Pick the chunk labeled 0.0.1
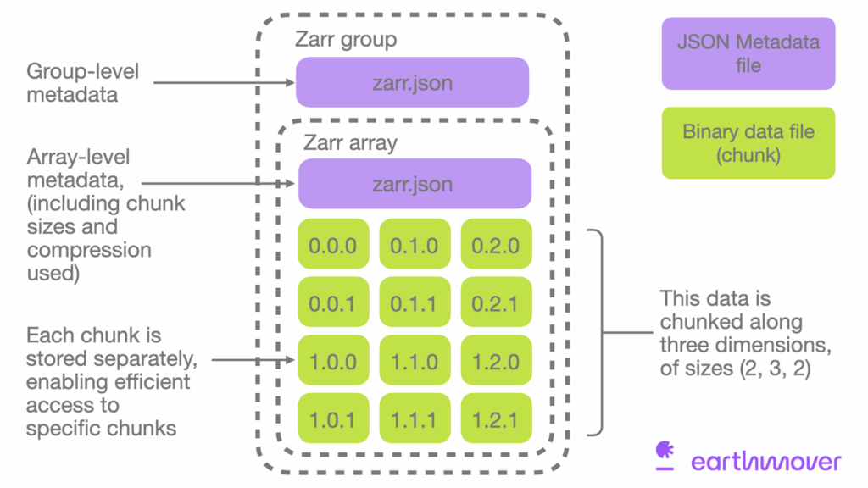tap(333, 302)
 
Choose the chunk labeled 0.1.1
tap(415, 302)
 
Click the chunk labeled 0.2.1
tap(496, 302)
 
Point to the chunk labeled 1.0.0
tap(333, 361)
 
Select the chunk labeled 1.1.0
tap(415, 361)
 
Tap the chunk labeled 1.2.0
tap(496, 361)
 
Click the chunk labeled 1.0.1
tap(333, 419)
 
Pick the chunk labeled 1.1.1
tap(415, 419)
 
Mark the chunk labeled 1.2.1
tap(496, 419)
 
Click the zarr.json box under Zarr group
tap(412, 82)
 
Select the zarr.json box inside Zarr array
tap(415, 184)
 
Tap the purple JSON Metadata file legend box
tap(748, 53)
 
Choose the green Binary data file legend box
tap(748, 142)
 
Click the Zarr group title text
tap(345, 40)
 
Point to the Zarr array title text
tap(350, 142)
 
